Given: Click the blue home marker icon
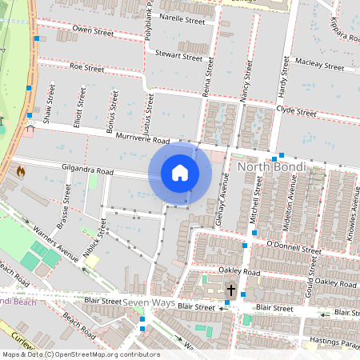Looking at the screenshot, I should point(180,173).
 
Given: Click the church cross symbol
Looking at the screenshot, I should point(231,290).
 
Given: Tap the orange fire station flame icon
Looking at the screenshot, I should point(20,171).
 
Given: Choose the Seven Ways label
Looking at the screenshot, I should point(147,302).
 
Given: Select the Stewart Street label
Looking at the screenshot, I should point(178,56).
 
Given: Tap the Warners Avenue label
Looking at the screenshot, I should point(55,235).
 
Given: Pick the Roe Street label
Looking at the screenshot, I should point(87,68).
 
